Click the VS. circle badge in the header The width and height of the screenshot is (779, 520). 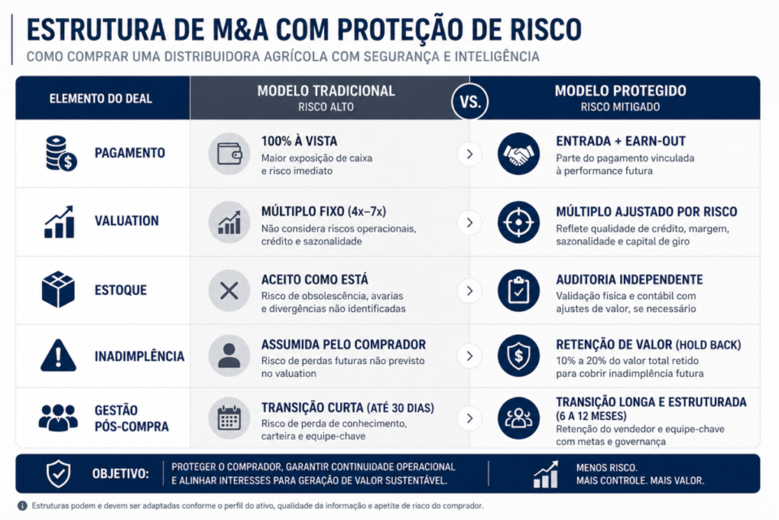[470, 102]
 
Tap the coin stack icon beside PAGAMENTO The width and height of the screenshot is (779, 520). [58, 153]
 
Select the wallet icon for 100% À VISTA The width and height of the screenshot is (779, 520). [229, 153]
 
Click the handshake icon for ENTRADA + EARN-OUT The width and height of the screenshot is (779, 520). [519, 153]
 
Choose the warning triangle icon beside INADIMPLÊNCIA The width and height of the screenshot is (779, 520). [58, 356]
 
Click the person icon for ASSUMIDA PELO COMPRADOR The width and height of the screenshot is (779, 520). [229, 356]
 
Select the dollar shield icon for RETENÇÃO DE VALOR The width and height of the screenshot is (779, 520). [519, 356]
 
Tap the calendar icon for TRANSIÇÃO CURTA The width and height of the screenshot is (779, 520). [229, 418]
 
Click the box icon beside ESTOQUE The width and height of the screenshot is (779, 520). [58, 290]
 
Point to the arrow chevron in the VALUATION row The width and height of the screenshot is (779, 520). [469, 222]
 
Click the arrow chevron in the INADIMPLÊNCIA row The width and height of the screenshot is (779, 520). [469, 356]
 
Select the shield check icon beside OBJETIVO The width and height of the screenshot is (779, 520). [58, 474]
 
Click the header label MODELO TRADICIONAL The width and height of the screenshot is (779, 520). [326, 91]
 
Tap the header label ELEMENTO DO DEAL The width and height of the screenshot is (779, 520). [101, 98]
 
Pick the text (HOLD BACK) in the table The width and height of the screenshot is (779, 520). [708, 345]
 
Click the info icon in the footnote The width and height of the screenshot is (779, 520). [22, 505]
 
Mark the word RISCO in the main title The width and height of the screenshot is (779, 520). [536, 29]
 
